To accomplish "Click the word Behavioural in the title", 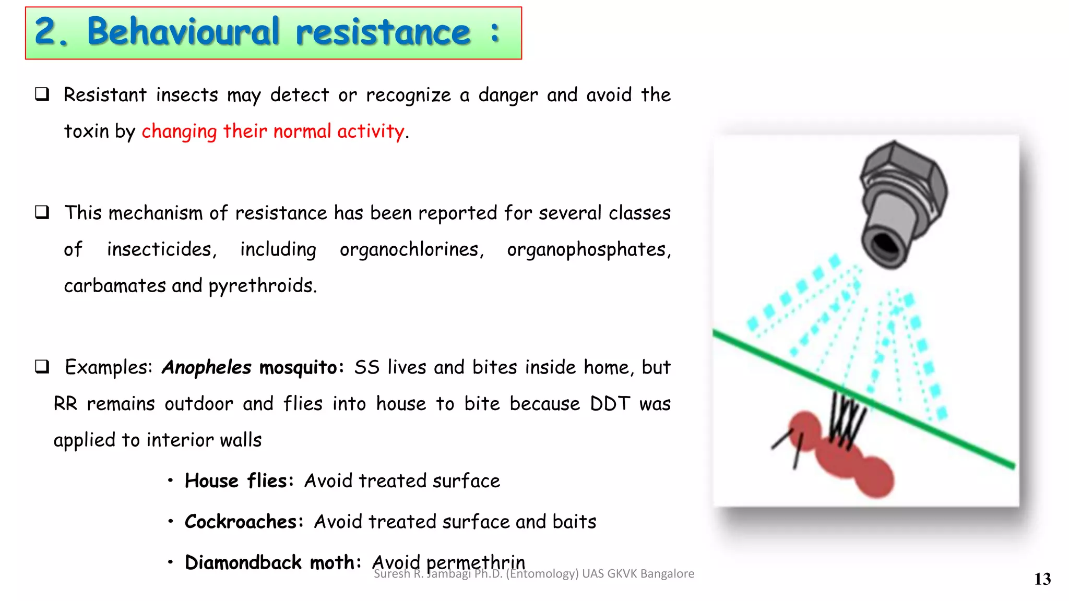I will tap(183, 32).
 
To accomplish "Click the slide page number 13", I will tap(1042, 579).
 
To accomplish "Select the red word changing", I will tap(179, 131).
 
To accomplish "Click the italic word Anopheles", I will tap(207, 367).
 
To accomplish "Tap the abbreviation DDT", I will tap(610, 404).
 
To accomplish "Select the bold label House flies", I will tap(238, 481).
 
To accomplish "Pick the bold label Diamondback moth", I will tap(272, 563).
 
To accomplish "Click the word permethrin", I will tap(475, 562).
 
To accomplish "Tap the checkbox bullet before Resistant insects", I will tap(42, 94).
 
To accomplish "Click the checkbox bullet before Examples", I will tap(42, 366).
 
